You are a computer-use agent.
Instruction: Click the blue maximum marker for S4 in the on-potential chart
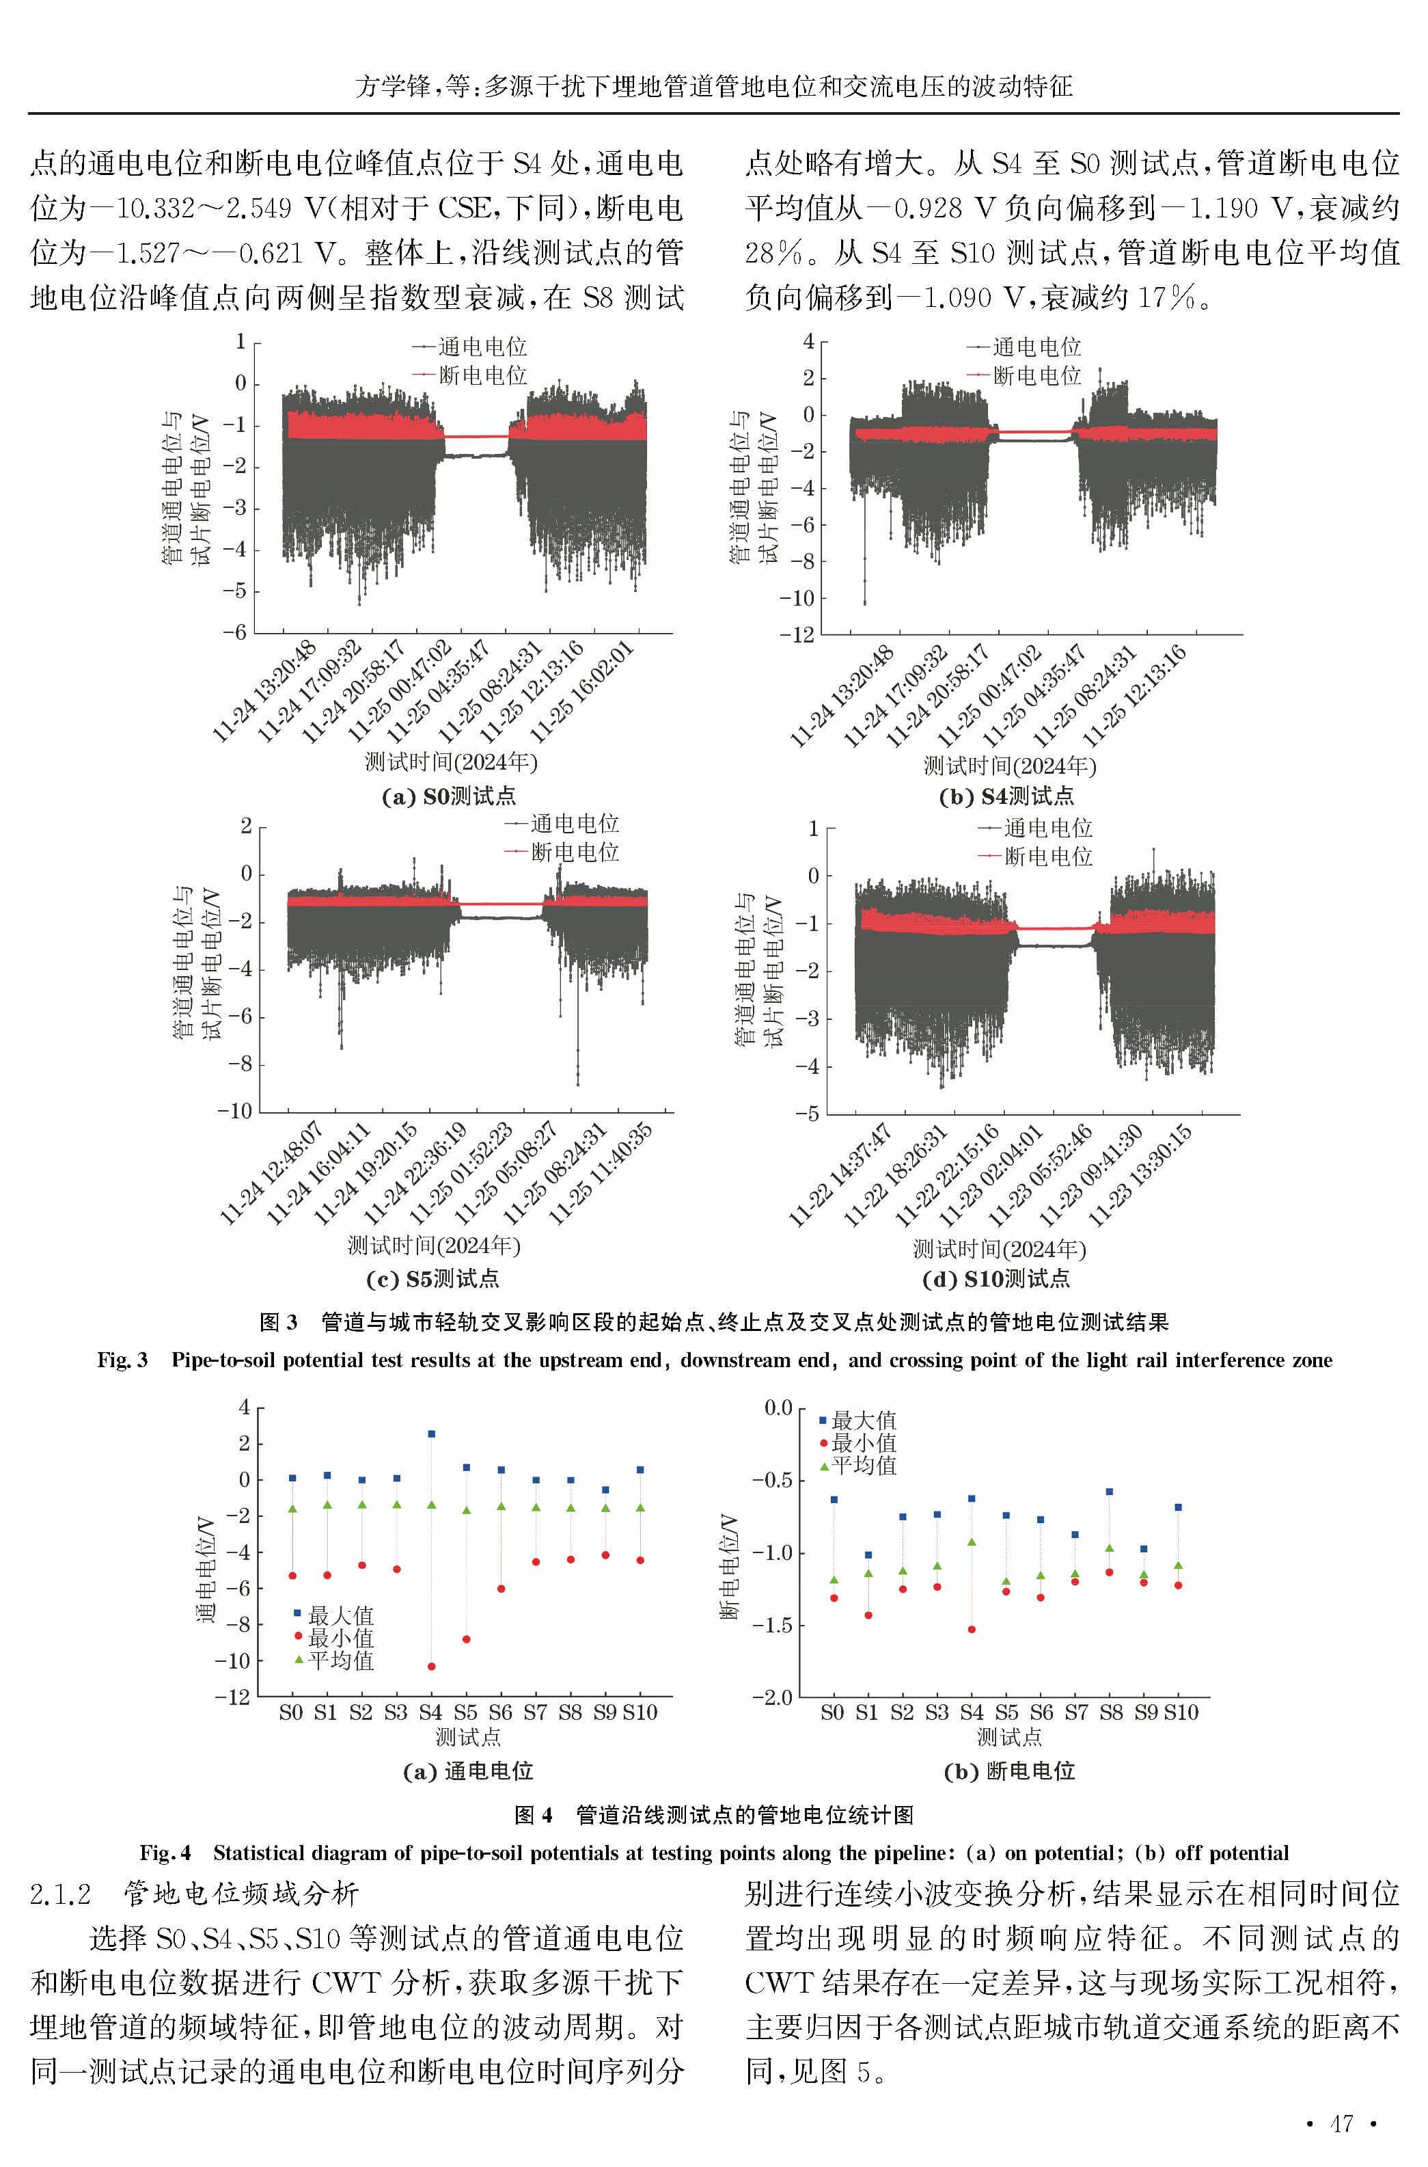pyautogui.click(x=430, y=1434)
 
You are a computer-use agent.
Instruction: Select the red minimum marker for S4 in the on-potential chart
pyautogui.click(x=430, y=1666)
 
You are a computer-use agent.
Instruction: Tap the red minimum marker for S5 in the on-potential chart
pyautogui.click(x=466, y=1639)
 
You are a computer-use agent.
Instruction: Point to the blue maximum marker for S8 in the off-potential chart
pyautogui.click(x=1109, y=1492)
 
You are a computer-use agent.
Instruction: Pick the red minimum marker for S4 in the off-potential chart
pyautogui.click(x=972, y=1630)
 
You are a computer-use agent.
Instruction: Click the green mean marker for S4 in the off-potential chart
pyautogui.click(x=972, y=1542)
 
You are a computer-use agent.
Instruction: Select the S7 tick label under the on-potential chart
pyautogui.click(x=536, y=1712)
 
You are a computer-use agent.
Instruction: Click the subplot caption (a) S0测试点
pyautogui.click(x=448, y=796)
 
